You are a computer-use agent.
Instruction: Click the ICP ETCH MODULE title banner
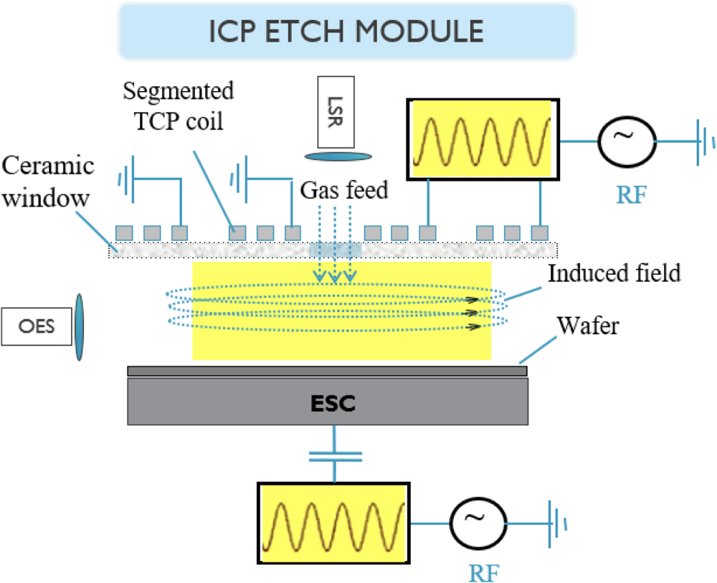click(346, 31)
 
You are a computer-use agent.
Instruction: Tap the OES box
click(37, 327)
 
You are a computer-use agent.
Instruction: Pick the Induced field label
click(614, 272)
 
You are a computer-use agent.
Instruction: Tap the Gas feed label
click(343, 189)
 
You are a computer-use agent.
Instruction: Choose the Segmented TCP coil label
click(178, 106)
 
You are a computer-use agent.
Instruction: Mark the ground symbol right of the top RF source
click(703, 141)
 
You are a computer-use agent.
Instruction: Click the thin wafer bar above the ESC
click(327, 371)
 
